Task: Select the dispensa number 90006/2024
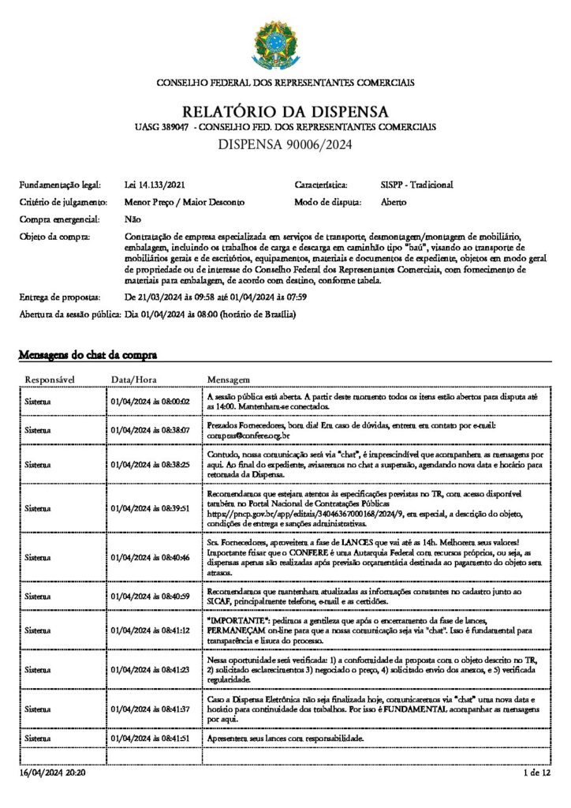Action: [285, 144]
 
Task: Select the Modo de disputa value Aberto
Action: [394, 202]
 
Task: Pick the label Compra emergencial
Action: [59, 219]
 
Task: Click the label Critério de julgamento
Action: [64, 202]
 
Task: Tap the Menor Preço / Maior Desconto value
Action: [185, 202]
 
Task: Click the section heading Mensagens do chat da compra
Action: [88, 355]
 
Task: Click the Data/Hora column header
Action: [134, 380]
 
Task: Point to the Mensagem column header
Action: [228, 380]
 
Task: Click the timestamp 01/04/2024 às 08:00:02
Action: [151, 402]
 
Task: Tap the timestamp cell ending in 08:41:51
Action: [151, 738]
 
